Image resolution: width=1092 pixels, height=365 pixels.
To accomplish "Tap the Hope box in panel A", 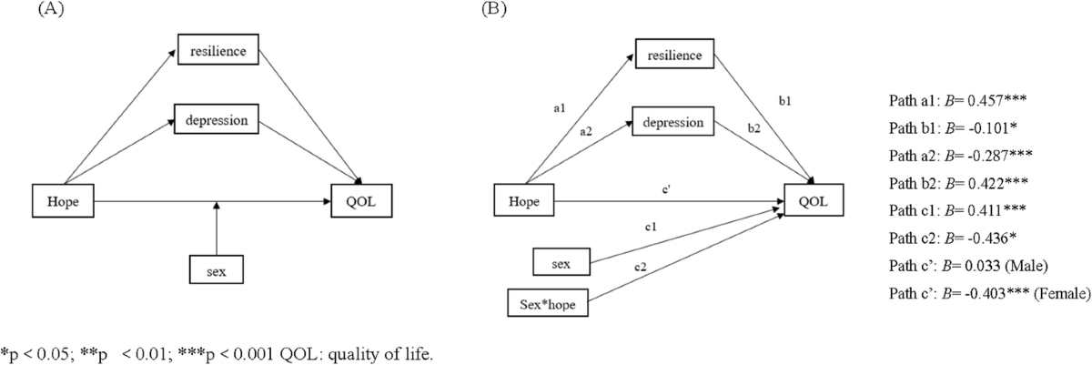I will (x=65, y=202).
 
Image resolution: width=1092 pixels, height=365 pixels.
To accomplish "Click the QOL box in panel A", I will (x=364, y=202).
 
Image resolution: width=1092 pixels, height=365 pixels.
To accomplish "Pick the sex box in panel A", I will (x=217, y=271).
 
